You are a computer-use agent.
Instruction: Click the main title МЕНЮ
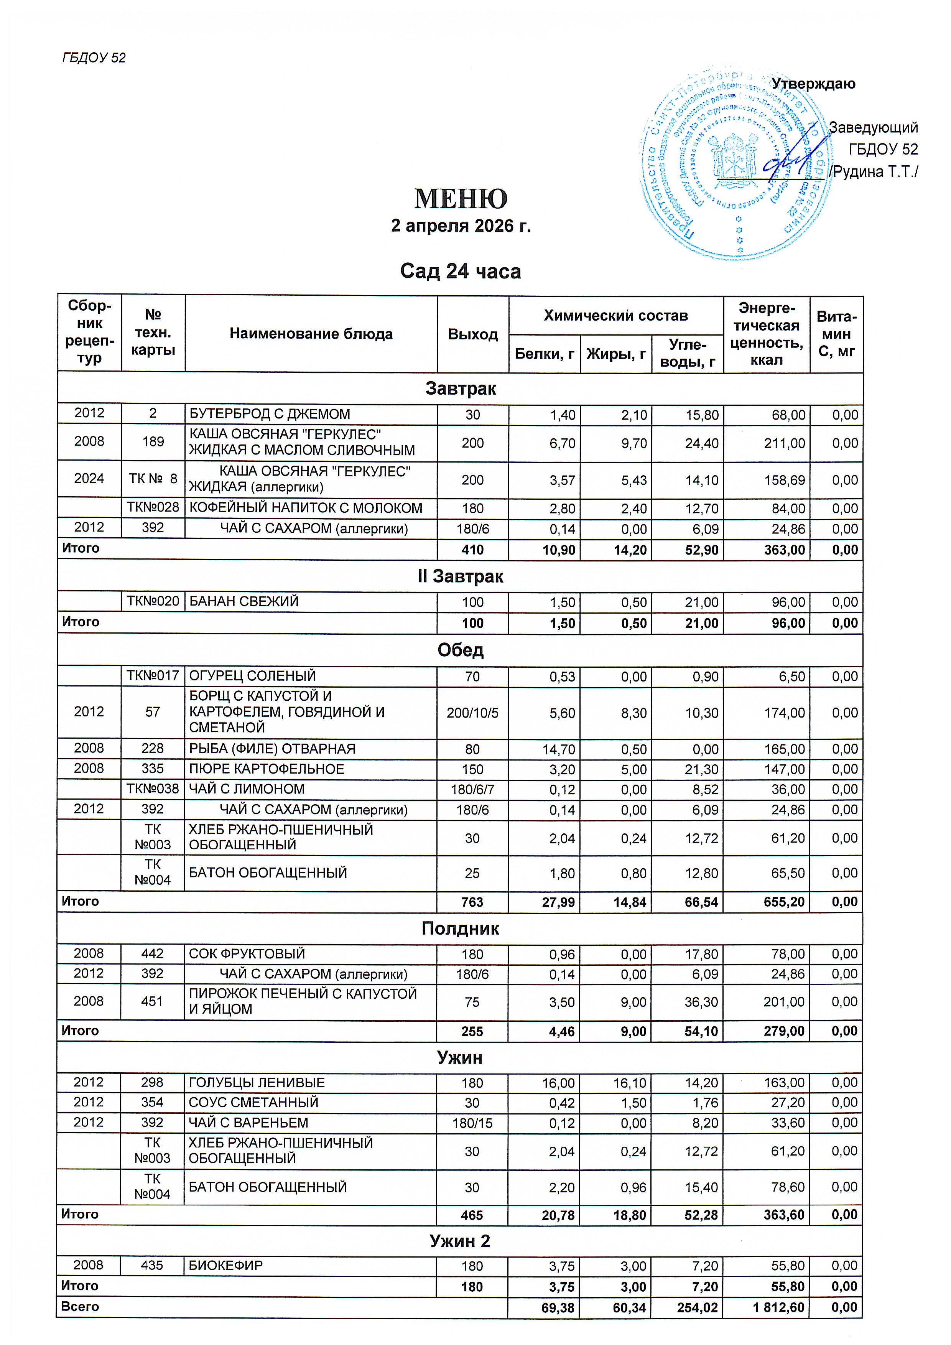coord(461,199)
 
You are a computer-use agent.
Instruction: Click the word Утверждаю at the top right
coord(813,84)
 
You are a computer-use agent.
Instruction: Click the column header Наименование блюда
coord(311,334)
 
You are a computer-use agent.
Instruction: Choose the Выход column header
coord(472,334)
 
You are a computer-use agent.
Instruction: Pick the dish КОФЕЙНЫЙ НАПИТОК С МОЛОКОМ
coord(306,508)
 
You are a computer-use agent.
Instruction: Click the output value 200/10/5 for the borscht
coord(472,713)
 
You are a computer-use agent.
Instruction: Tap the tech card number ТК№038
coord(153,789)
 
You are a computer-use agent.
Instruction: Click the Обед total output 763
coord(472,902)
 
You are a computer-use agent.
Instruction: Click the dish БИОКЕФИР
coord(225,1265)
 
